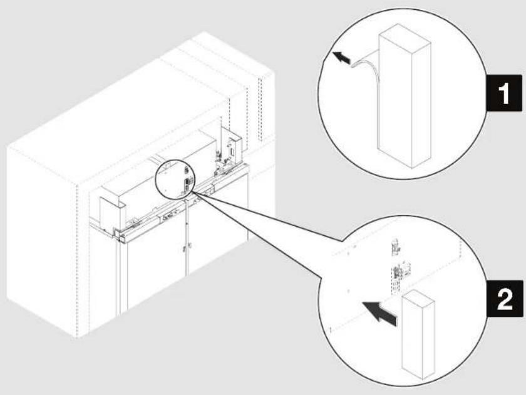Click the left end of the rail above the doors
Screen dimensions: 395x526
click(118, 234)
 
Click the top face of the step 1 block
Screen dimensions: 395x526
click(404, 36)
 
